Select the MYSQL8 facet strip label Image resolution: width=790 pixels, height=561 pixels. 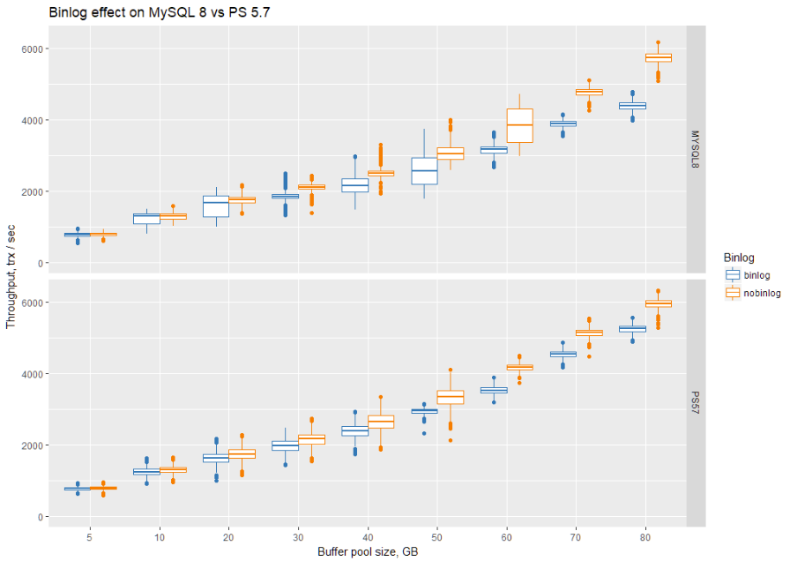point(696,146)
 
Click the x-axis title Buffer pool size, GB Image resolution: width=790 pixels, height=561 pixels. point(368,551)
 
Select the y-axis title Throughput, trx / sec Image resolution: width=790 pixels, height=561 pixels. point(11,277)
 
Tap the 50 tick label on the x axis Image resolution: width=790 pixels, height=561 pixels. point(437,535)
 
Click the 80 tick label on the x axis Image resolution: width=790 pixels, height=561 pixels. point(646,535)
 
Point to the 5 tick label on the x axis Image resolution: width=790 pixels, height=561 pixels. point(90,535)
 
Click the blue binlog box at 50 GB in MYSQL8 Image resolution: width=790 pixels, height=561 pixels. point(424,171)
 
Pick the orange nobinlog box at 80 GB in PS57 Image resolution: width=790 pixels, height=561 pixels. point(658,303)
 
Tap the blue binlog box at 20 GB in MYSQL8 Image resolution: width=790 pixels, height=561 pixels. point(216,204)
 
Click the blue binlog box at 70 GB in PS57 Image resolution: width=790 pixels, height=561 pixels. point(563,354)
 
